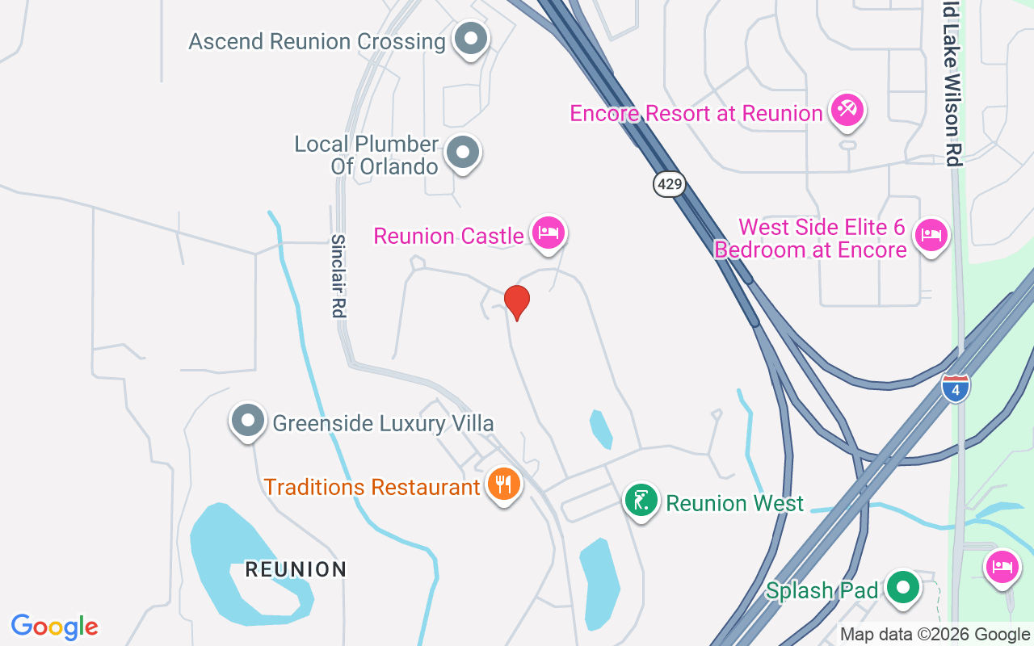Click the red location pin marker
tap(517, 302)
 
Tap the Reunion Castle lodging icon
tap(549, 233)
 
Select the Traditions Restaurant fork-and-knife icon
tap(504, 484)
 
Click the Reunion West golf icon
tap(641, 501)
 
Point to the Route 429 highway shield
tap(669, 185)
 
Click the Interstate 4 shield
tap(956, 388)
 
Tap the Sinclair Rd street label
tap(338, 275)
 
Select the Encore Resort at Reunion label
tap(696, 113)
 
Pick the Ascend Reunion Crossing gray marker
tap(470, 39)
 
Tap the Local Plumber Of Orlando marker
tap(463, 152)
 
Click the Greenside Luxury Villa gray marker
tap(248, 421)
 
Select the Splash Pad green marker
tap(903, 588)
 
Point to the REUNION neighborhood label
tap(296, 569)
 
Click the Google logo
tap(55, 627)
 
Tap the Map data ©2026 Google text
tap(934, 635)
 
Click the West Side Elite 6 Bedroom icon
tap(931, 235)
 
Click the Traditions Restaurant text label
tap(372, 488)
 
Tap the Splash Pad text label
tap(822, 590)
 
